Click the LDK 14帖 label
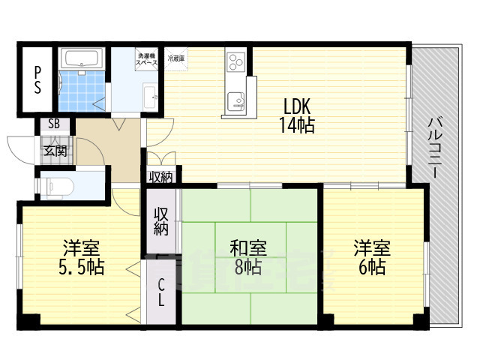297,115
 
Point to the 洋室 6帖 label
372,257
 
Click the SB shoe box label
55,124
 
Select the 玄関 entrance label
55,150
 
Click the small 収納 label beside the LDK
160,177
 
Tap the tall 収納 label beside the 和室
161,221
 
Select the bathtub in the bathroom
83,59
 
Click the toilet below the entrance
58,184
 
